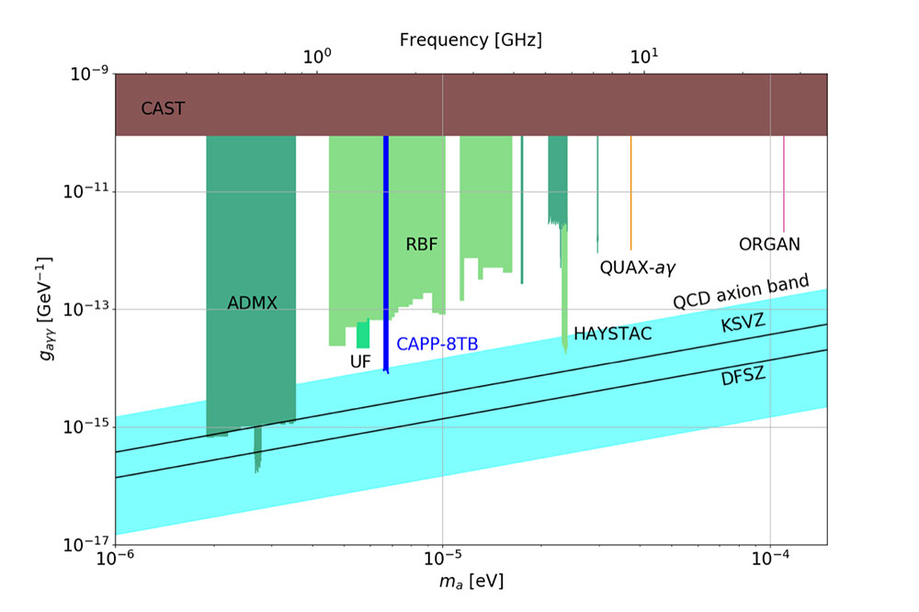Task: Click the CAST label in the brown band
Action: [163, 108]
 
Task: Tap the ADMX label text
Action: [252, 301]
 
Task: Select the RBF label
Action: [422, 244]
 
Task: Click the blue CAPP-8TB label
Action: [437, 345]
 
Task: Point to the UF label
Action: [360, 362]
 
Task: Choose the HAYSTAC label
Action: [612, 334]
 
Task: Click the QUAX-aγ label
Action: [638, 268]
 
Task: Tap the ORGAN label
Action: [769, 244]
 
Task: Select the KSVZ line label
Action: [743, 324]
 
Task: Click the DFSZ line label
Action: [743, 375]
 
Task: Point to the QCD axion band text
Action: [741, 292]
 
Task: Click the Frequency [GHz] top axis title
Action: [471, 40]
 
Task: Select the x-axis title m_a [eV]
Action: [471, 582]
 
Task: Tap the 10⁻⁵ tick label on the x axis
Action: [443, 558]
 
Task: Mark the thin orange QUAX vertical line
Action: [630, 193]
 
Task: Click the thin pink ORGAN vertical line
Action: [783, 184]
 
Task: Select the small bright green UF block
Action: [363, 334]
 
